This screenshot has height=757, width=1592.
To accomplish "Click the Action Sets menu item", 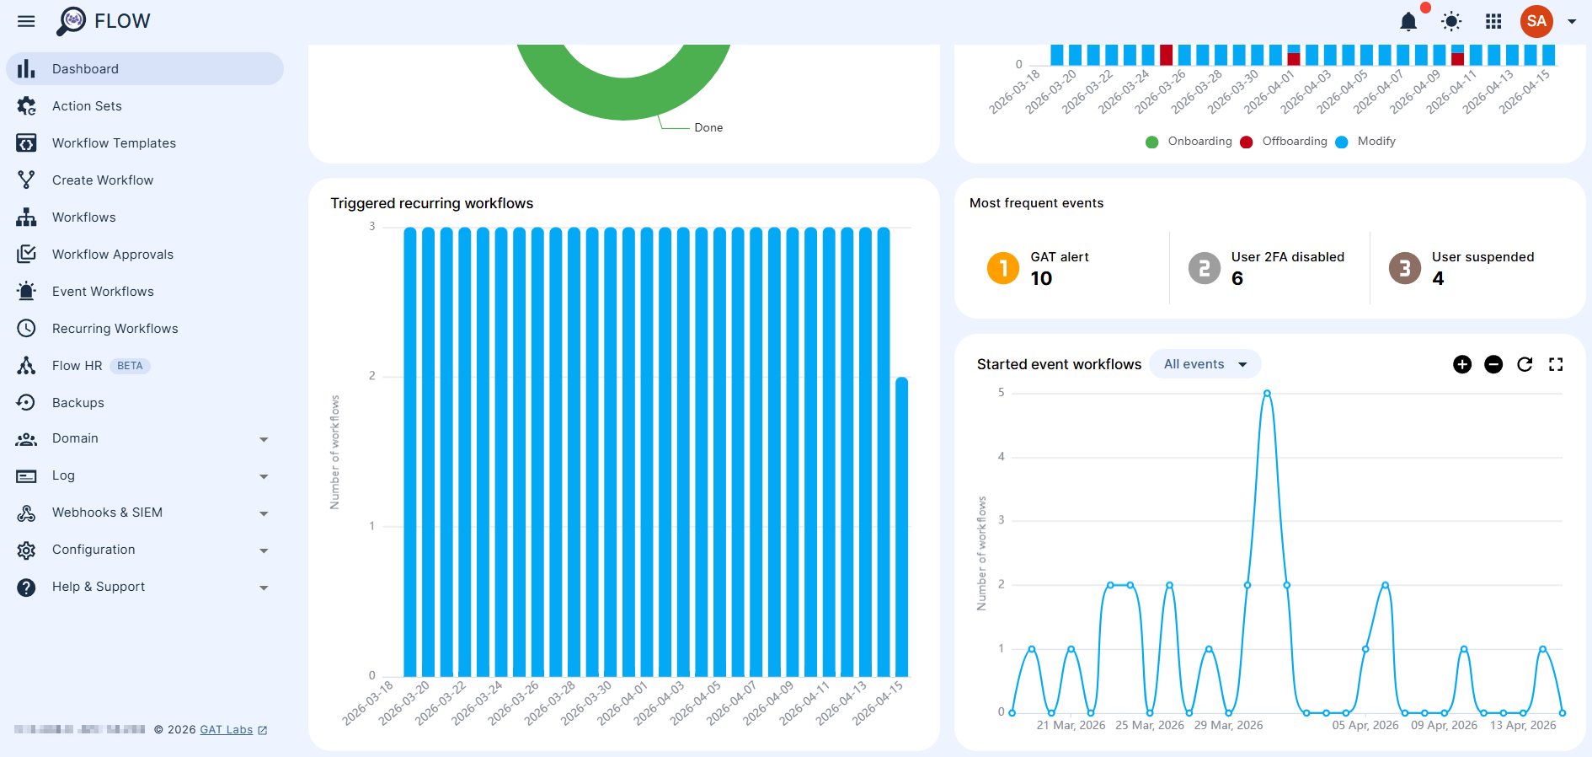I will pyautogui.click(x=87, y=106).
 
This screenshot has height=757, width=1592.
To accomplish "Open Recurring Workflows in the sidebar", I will pyautogui.click(x=115, y=329).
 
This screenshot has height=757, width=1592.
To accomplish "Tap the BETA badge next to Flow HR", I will pyautogui.click(x=130, y=366).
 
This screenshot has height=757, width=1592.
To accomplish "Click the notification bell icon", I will pyautogui.click(x=1408, y=22).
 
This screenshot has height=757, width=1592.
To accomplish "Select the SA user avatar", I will pyautogui.click(x=1536, y=21).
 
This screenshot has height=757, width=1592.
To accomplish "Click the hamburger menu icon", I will pyautogui.click(x=26, y=21).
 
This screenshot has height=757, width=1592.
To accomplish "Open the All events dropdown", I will pyautogui.click(x=1205, y=364).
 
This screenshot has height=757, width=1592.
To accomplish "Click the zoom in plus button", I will pyautogui.click(x=1462, y=364).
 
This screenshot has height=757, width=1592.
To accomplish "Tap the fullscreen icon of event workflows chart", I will pyautogui.click(x=1556, y=364).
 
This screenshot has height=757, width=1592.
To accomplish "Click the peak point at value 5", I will pyautogui.click(x=1267, y=394).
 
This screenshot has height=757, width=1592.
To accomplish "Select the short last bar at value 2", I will pyautogui.click(x=901, y=526).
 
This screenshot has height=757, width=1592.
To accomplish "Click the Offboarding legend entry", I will pyautogui.click(x=1294, y=142).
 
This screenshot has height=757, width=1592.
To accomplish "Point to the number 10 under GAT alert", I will pyautogui.click(x=1041, y=279).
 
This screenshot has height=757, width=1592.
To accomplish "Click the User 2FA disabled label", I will pyautogui.click(x=1287, y=257).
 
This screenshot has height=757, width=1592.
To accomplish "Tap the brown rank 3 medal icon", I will pyautogui.click(x=1404, y=268).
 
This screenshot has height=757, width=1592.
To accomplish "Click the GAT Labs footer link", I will pyautogui.click(x=227, y=730).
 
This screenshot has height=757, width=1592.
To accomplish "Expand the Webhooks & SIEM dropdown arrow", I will pyautogui.click(x=264, y=513).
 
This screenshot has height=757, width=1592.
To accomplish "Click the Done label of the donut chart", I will pyautogui.click(x=708, y=128).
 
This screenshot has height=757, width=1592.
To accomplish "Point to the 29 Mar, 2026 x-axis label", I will pyautogui.click(x=1228, y=725).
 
